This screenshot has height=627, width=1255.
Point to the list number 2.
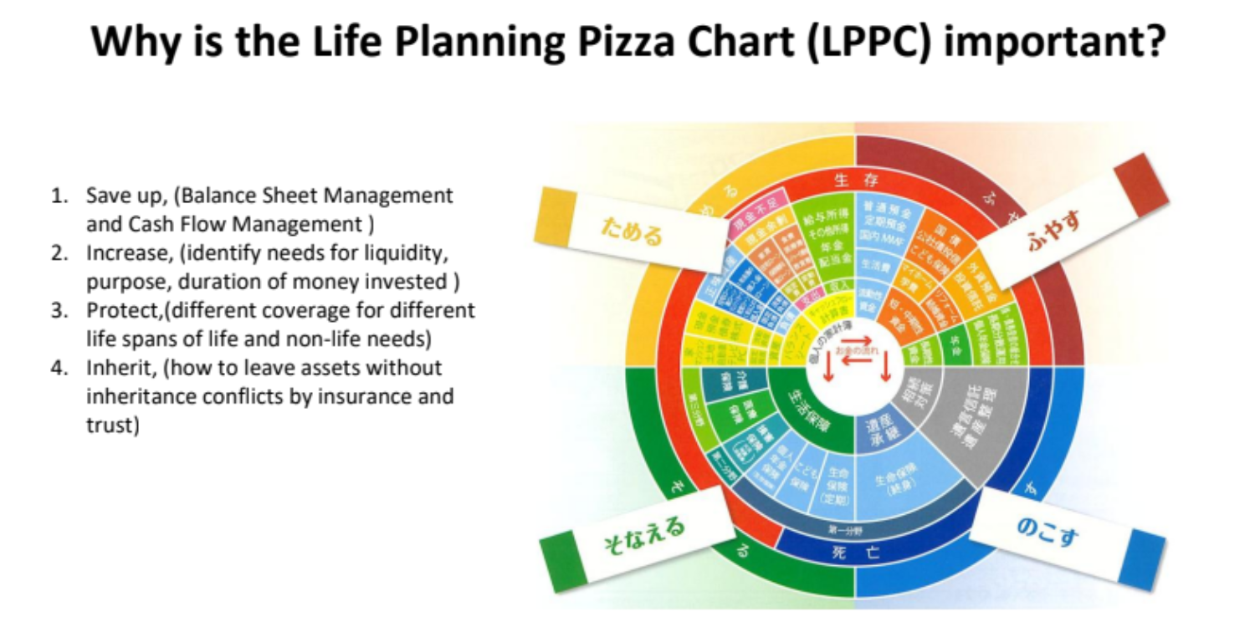pyautogui.click(x=58, y=253)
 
